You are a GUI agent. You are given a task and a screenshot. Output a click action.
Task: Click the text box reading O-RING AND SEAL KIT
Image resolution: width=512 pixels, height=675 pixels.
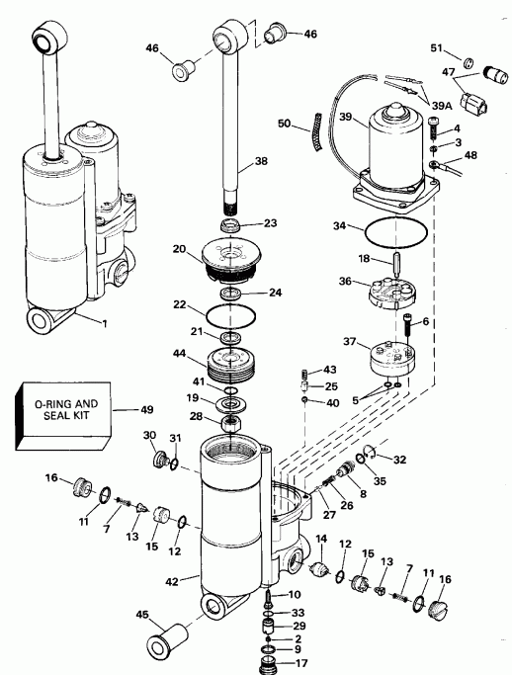[x=57, y=409]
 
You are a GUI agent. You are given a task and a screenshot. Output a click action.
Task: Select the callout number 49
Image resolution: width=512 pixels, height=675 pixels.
[x=147, y=408]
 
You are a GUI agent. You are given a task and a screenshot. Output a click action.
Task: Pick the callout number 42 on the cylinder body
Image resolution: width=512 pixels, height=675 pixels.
[x=173, y=582]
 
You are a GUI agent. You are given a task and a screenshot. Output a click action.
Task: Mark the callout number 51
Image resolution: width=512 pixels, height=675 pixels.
[x=436, y=49]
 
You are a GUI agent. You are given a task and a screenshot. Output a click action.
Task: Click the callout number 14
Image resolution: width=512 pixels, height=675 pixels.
[x=319, y=538]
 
